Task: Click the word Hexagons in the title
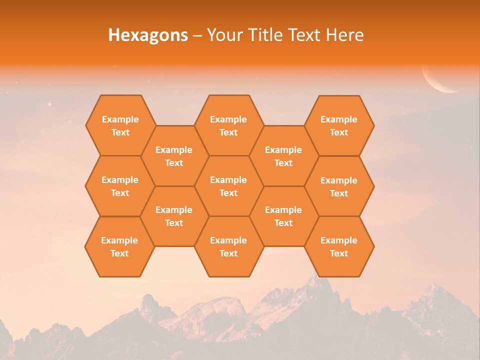[148, 35]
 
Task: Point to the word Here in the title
[344, 35]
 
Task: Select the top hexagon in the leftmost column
[120, 125]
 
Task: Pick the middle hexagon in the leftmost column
[120, 186]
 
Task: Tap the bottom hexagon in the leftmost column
[119, 246]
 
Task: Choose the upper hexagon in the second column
[174, 156]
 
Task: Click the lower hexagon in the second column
[174, 216]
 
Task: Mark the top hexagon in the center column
[228, 125]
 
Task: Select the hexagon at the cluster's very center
[228, 186]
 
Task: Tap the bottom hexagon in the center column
[228, 246]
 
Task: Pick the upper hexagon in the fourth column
[283, 156]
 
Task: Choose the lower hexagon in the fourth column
[283, 216]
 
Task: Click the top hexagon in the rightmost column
[339, 125]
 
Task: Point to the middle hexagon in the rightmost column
[339, 186]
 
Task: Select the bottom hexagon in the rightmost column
[339, 246]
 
